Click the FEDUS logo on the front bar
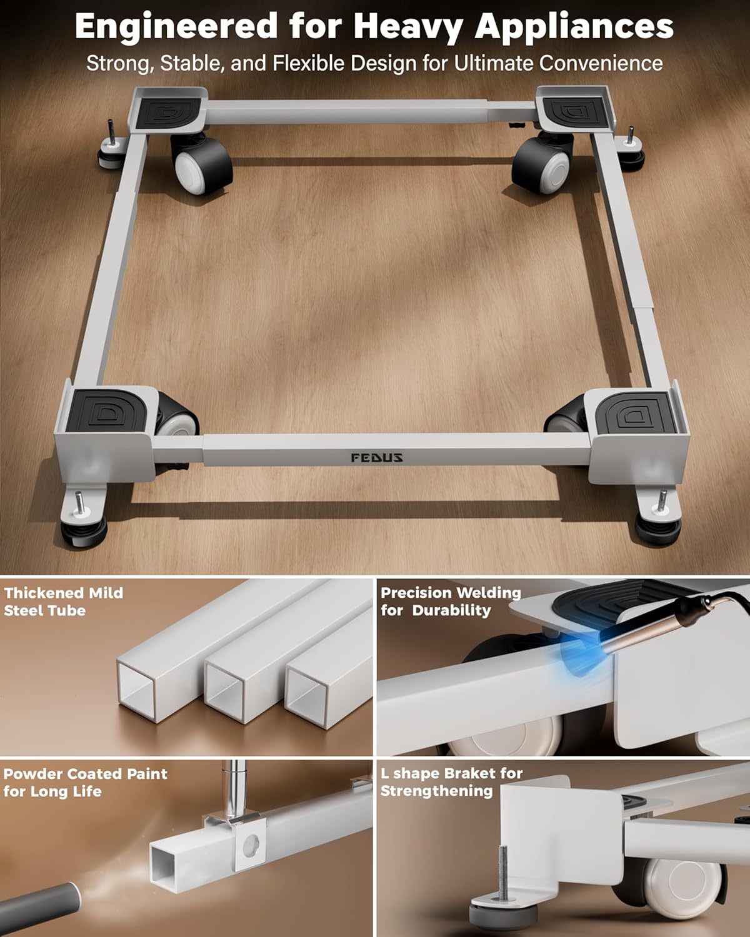[377, 457]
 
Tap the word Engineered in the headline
[176, 27]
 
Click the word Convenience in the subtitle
[601, 63]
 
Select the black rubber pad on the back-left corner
[167, 113]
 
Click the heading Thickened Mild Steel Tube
[64, 602]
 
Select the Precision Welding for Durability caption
[451, 602]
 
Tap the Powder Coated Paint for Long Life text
[86, 782]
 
